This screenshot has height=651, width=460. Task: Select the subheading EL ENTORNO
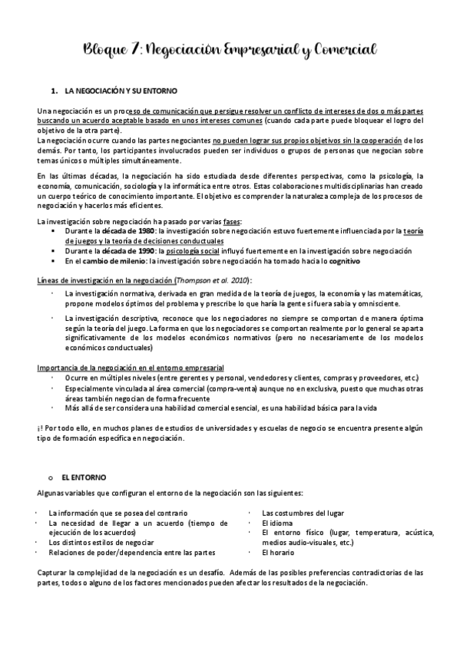84,477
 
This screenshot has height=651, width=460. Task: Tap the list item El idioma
276,522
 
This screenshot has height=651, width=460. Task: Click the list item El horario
277,552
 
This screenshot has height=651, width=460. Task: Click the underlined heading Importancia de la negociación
131,368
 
